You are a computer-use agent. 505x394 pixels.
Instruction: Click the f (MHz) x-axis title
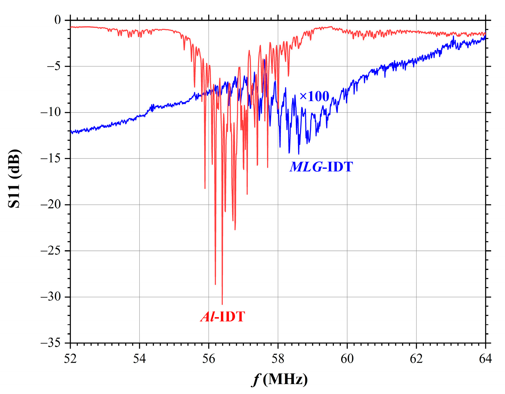tap(280, 379)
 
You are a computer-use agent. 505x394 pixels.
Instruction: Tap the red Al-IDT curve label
tap(223, 316)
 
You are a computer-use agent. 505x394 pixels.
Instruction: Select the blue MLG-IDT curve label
tap(321, 167)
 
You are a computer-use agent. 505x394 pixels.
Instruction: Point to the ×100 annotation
tap(314, 96)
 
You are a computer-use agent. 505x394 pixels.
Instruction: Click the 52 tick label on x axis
tap(70, 359)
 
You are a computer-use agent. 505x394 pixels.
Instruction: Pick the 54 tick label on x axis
tap(140, 359)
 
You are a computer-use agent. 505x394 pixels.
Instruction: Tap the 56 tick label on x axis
tap(209, 359)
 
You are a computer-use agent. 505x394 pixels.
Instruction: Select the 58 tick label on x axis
tap(278, 359)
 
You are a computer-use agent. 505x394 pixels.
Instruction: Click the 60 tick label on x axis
tap(347, 359)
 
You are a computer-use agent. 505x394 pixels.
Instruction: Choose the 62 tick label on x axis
tap(416, 359)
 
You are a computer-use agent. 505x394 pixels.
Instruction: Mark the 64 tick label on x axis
tap(485, 359)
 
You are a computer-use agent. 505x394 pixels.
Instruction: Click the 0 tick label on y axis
tap(58, 20)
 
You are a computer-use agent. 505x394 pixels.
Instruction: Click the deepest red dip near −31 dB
tap(222, 304)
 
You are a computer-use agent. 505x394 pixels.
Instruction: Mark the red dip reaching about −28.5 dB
tap(215, 284)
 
